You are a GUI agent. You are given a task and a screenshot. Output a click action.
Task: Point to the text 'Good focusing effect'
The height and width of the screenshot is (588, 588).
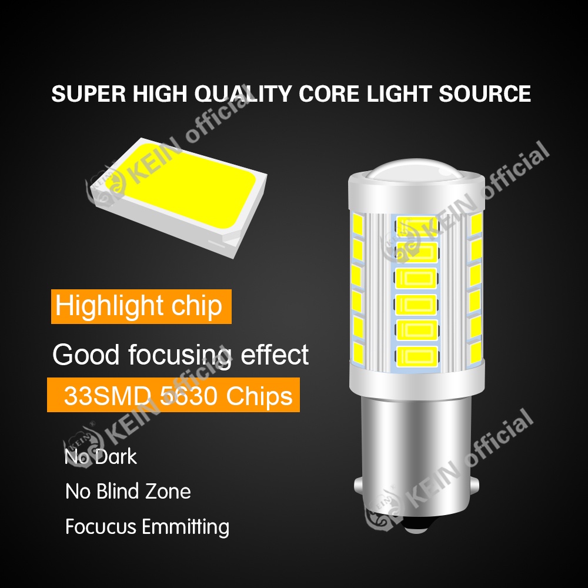pyautogui.click(x=180, y=355)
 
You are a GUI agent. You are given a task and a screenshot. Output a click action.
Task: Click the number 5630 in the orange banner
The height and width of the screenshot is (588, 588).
pyautogui.click(x=179, y=396)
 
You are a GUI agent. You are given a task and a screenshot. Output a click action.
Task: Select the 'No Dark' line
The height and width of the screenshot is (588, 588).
pyautogui.click(x=101, y=457)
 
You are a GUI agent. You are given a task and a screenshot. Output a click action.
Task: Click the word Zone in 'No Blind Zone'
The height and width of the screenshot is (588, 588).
pyautogui.click(x=170, y=491)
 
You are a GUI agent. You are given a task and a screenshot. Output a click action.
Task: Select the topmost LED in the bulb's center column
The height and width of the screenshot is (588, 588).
pyautogui.click(x=417, y=224)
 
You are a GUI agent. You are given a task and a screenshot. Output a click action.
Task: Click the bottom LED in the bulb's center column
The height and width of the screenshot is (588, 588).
pyautogui.click(x=417, y=355)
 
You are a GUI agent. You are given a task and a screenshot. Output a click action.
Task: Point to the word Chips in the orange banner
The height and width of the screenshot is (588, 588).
pyautogui.click(x=262, y=396)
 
